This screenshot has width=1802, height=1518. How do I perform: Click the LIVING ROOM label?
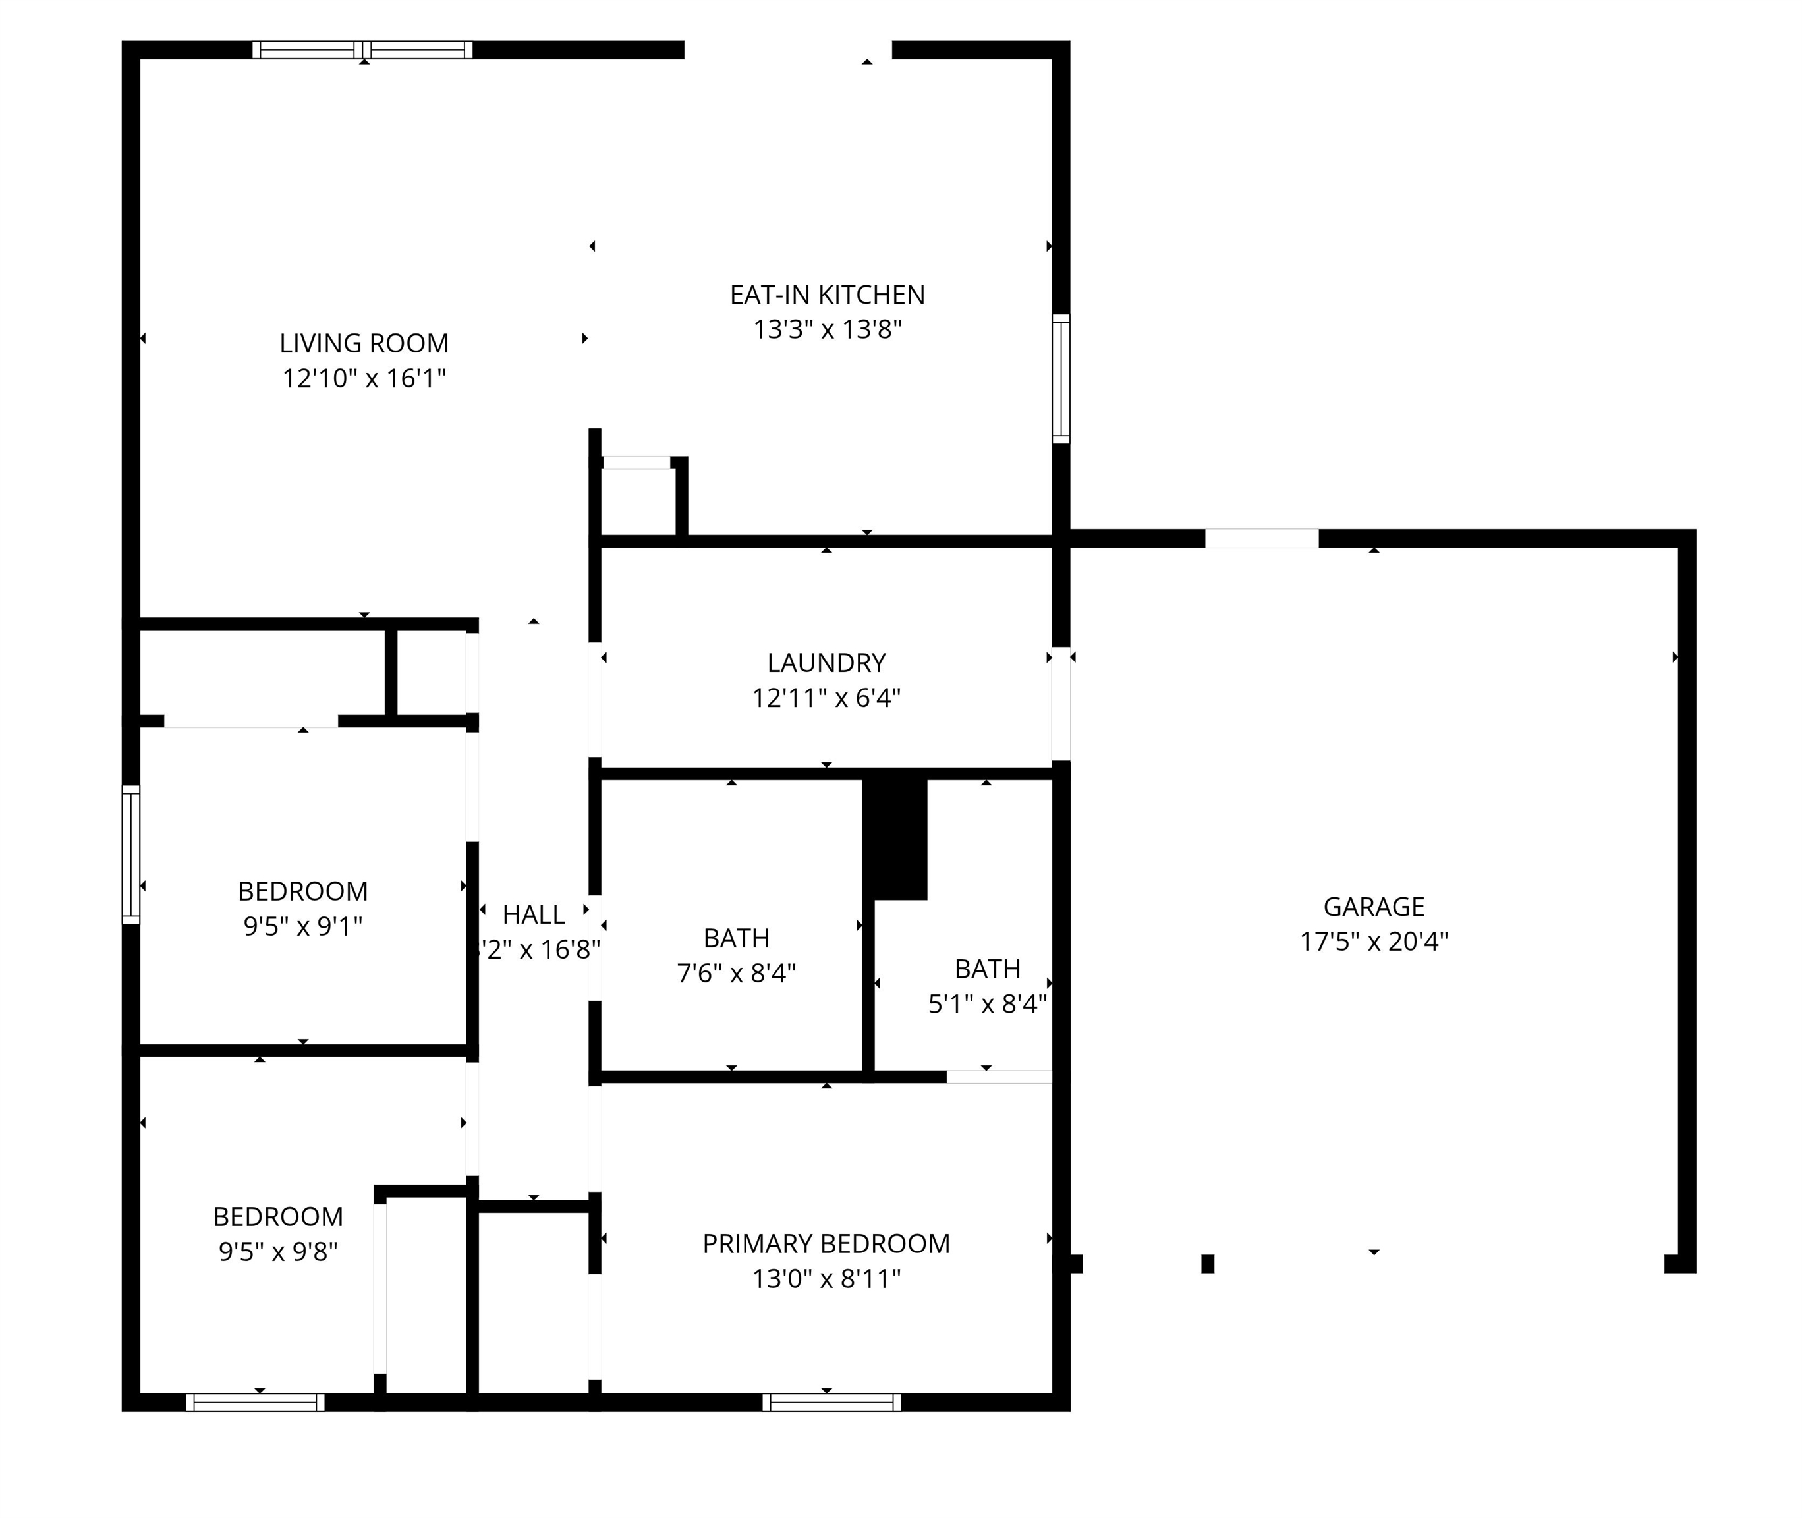pyautogui.click(x=364, y=343)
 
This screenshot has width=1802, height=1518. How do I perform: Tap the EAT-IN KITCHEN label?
pyautogui.click(x=827, y=295)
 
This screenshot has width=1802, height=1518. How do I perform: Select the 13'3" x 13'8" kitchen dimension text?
pyautogui.click(x=827, y=329)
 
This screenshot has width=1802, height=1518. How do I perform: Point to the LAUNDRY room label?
pyautogui.click(x=826, y=663)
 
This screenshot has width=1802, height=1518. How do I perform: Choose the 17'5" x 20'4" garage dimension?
pyautogui.click(x=1374, y=942)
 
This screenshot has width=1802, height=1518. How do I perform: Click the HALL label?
pyautogui.click(x=534, y=914)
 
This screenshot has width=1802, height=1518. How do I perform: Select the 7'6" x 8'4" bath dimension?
pyautogui.click(x=736, y=973)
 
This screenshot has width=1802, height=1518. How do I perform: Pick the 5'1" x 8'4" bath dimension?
pyautogui.click(x=987, y=1004)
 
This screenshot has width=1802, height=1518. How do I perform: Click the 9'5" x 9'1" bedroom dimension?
pyautogui.click(x=303, y=926)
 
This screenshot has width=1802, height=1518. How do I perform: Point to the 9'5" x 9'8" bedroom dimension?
pyautogui.click(x=278, y=1251)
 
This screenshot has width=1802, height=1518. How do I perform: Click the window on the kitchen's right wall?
pyautogui.click(x=1061, y=379)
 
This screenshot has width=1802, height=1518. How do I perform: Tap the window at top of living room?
pyautogui.click(x=362, y=50)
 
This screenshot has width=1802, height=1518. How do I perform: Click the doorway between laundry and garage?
pyautogui.click(x=1061, y=704)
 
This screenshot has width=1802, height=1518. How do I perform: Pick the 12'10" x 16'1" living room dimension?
pyautogui.click(x=364, y=379)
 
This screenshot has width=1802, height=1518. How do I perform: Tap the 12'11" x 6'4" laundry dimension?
pyautogui.click(x=826, y=698)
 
